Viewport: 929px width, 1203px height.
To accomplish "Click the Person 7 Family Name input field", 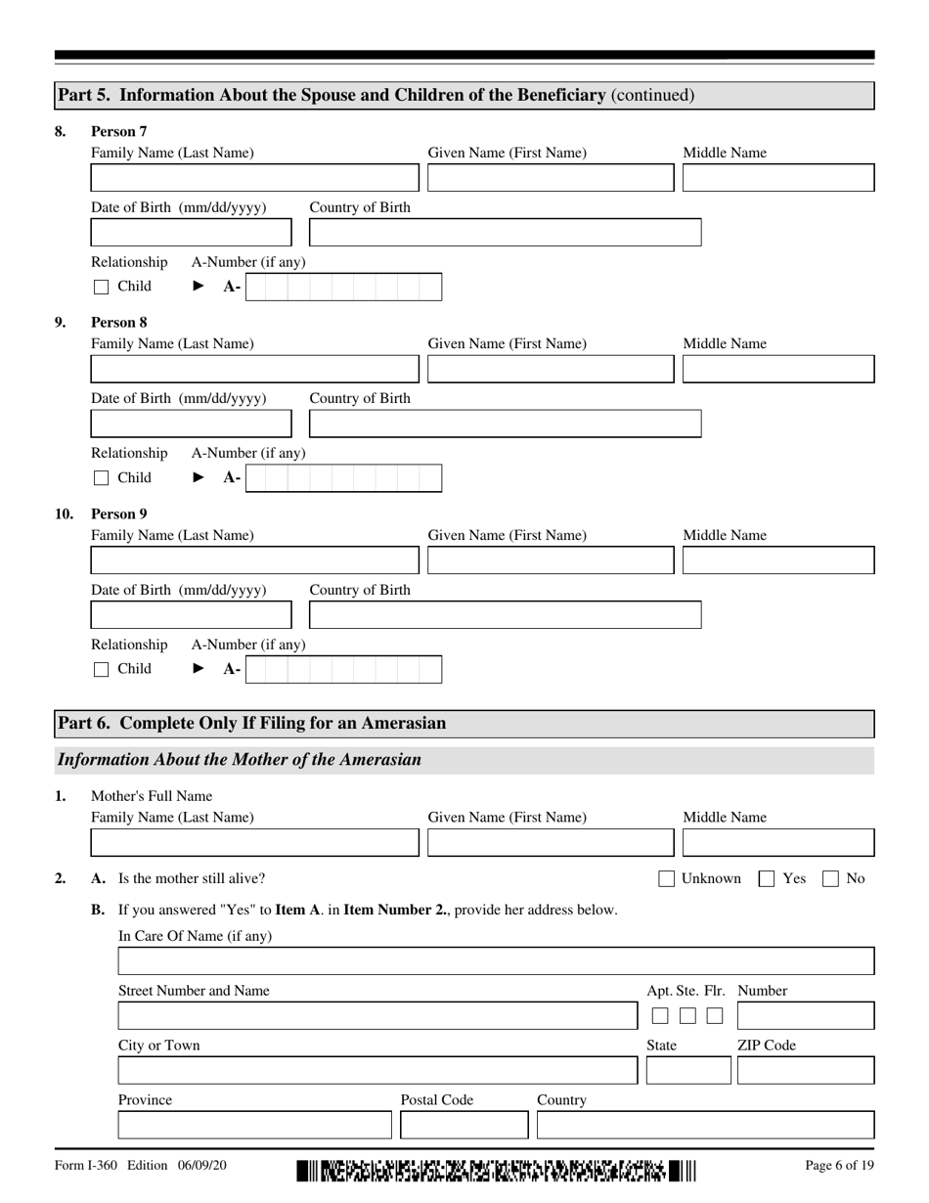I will click(254, 178).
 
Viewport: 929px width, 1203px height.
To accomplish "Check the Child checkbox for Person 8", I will click(101, 478).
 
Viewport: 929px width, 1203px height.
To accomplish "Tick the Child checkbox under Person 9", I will click(101, 670).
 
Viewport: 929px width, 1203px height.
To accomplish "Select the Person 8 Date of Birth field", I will click(191, 423).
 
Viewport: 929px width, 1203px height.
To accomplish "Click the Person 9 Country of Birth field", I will click(505, 615).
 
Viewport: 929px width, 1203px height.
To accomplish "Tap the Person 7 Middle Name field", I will click(777, 178).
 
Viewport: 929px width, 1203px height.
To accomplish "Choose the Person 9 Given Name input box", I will click(551, 560).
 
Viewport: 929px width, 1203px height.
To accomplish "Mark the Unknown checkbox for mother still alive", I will click(666, 879).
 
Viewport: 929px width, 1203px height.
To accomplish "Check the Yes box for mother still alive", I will click(768, 879).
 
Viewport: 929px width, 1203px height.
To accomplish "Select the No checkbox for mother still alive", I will click(830, 879).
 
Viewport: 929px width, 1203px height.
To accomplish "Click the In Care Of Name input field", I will click(496, 961).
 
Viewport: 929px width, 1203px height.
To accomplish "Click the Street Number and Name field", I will click(376, 1016).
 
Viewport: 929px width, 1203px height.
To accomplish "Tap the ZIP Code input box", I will click(805, 1071).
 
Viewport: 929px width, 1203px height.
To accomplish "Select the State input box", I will click(687, 1071).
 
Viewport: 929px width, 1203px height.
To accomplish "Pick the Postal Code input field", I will click(464, 1126).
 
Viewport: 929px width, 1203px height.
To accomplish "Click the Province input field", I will click(254, 1126).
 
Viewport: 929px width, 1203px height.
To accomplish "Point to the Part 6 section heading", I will click(252, 724).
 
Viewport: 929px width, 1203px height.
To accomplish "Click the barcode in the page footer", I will click(496, 1170).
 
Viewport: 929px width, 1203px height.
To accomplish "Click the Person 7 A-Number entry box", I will click(343, 287).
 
